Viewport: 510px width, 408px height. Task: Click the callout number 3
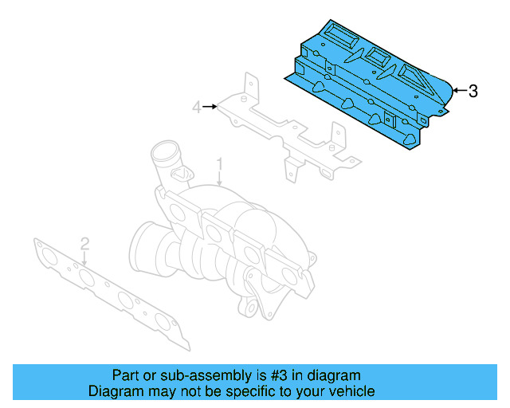point(473,91)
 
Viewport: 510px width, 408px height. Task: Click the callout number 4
point(195,106)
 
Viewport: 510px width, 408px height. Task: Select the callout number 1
point(220,165)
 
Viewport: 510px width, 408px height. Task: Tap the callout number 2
point(84,242)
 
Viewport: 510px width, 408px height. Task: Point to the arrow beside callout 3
point(458,91)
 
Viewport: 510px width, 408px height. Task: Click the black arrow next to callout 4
point(210,106)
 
